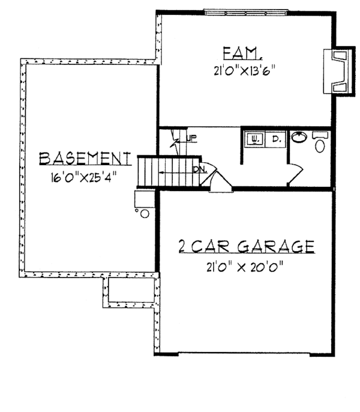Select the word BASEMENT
click(x=85, y=158)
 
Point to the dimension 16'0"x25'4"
click(x=84, y=177)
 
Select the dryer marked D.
click(x=277, y=138)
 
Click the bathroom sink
click(x=299, y=137)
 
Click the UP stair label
click(x=191, y=139)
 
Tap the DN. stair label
click(x=200, y=169)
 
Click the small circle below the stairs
click(x=144, y=213)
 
